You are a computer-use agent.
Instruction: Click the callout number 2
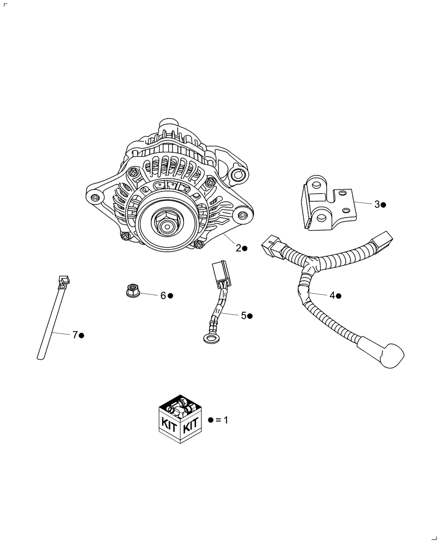point(238,248)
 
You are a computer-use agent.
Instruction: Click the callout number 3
point(377,205)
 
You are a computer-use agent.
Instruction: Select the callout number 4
point(331,295)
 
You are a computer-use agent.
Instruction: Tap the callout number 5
point(243,316)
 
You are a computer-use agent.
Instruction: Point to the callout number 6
point(163,295)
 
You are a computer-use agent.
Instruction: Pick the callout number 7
point(76,335)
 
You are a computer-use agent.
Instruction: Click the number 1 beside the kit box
point(225,421)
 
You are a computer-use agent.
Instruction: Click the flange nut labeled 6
point(131,291)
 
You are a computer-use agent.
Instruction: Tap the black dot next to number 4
point(338,296)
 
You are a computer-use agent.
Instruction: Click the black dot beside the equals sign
point(211,421)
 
